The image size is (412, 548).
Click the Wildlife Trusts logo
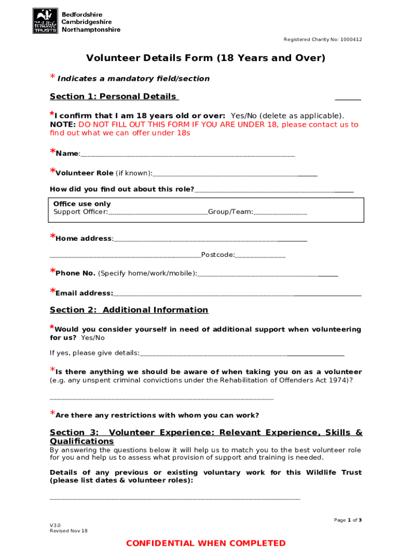tap(45, 21)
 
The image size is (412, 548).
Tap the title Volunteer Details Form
tap(206, 58)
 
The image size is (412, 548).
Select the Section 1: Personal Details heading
tap(113, 96)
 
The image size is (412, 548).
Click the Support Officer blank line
tap(158, 214)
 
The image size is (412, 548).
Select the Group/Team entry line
tap(280, 214)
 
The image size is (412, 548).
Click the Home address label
tap(83, 239)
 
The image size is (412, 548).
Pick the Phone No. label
tap(75, 273)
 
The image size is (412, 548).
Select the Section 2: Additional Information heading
tap(129, 310)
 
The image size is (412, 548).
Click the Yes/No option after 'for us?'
tap(93, 338)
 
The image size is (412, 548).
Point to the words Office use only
tap(82, 204)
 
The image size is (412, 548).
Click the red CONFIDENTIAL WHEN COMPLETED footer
tap(206, 543)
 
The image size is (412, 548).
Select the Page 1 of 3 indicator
tap(348, 520)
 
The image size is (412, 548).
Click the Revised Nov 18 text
tap(68, 531)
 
